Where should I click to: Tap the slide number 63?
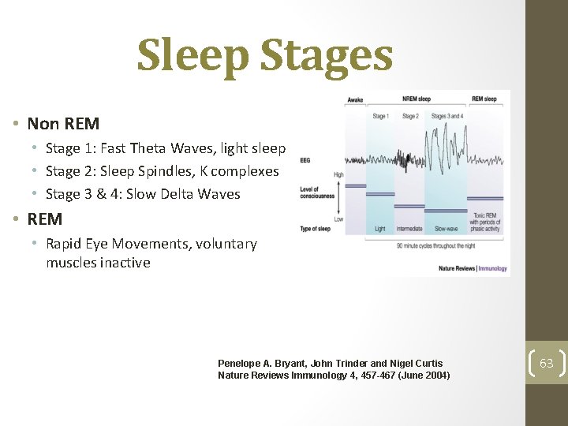point(547,364)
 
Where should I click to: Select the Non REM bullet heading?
point(63,124)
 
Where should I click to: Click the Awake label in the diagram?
point(355,100)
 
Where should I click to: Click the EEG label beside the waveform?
point(305,159)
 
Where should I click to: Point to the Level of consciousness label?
point(317,192)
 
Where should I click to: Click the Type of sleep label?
point(316,228)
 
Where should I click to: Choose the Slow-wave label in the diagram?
point(446,229)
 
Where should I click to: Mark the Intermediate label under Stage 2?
point(410,229)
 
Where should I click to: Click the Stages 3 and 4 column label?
point(447,116)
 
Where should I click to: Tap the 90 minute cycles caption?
point(434,245)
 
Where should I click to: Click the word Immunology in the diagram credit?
point(493,269)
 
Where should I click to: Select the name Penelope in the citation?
point(241,364)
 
